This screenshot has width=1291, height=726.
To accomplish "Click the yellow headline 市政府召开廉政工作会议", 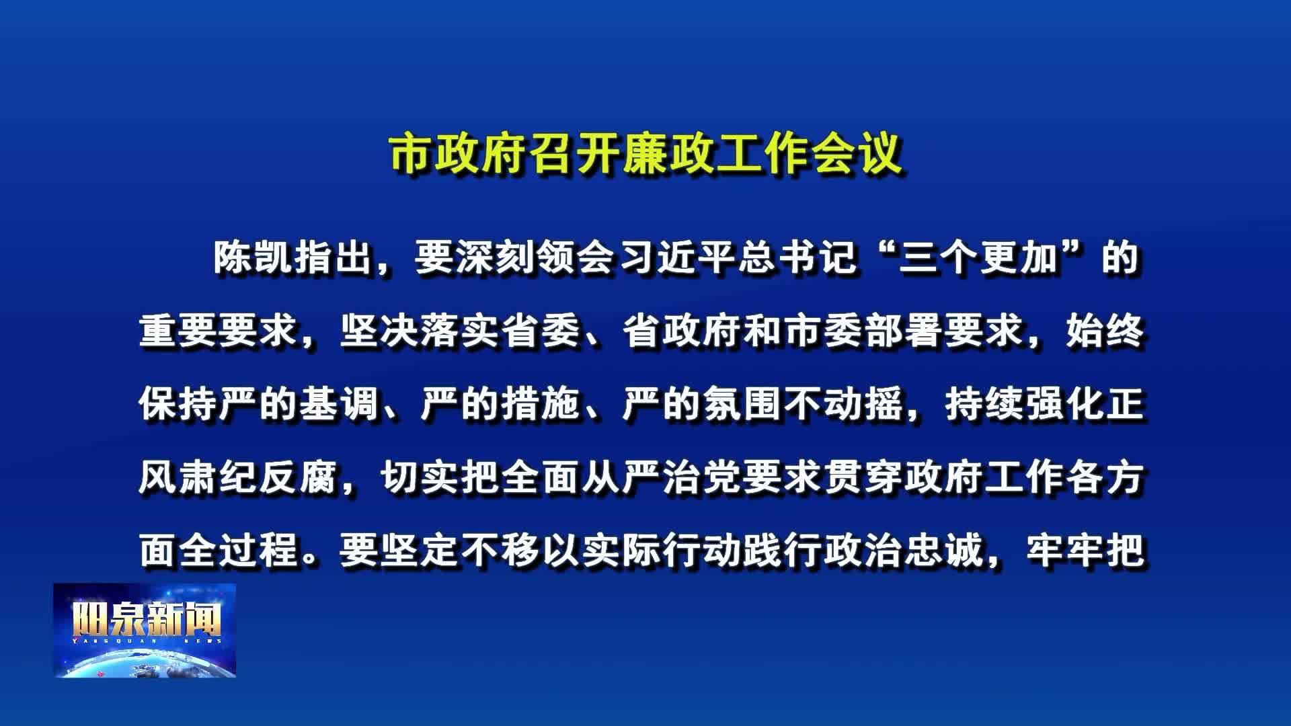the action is tap(645, 155).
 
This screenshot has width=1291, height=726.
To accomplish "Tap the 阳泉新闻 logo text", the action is tap(147, 620).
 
